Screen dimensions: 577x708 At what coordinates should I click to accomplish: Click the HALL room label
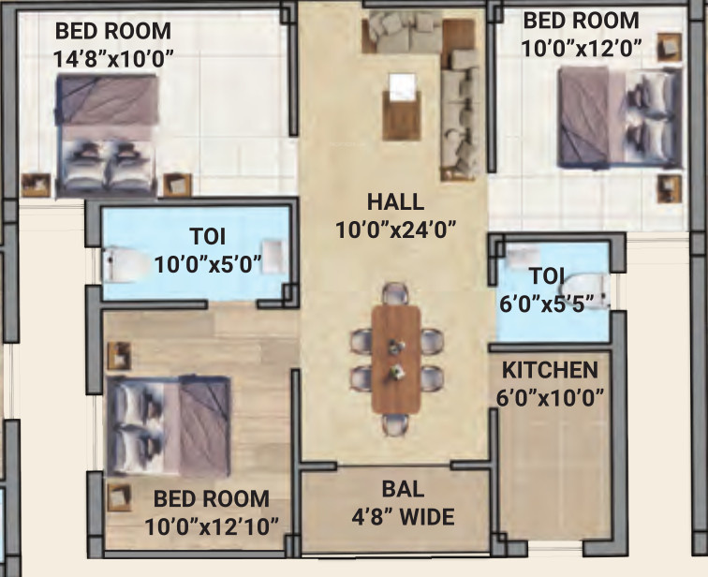click(395, 201)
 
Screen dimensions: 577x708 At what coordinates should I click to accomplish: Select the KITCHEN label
click(549, 369)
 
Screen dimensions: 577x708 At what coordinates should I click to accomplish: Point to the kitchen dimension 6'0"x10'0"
click(549, 395)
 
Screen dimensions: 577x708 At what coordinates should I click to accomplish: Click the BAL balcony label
click(403, 489)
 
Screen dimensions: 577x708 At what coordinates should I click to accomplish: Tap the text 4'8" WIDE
click(405, 516)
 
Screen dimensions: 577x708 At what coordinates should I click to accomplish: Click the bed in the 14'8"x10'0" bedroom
click(104, 133)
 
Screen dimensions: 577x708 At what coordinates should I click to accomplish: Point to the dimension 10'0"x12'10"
click(212, 525)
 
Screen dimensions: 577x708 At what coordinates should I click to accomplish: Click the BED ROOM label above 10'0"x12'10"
click(212, 499)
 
